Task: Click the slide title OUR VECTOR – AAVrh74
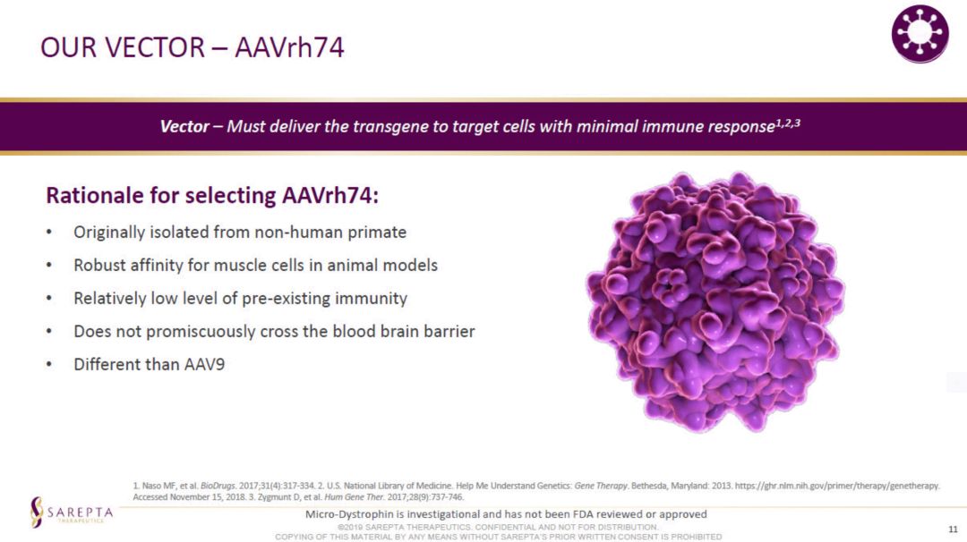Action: coord(193,47)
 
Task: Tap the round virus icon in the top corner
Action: coord(920,34)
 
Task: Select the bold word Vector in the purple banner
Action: coord(184,126)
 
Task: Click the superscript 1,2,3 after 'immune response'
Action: coord(788,123)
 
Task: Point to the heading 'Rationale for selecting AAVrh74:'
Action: coord(212,195)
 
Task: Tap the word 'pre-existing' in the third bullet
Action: coord(286,299)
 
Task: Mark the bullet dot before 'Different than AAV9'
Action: coord(48,365)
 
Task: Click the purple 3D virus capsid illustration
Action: coord(715,301)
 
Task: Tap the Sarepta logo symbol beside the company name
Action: coord(37,512)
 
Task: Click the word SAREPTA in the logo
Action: coord(81,512)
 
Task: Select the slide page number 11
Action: coord(953,529)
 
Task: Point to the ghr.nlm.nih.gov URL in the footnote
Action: coord(837,486)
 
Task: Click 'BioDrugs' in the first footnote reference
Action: coord(218,486)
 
